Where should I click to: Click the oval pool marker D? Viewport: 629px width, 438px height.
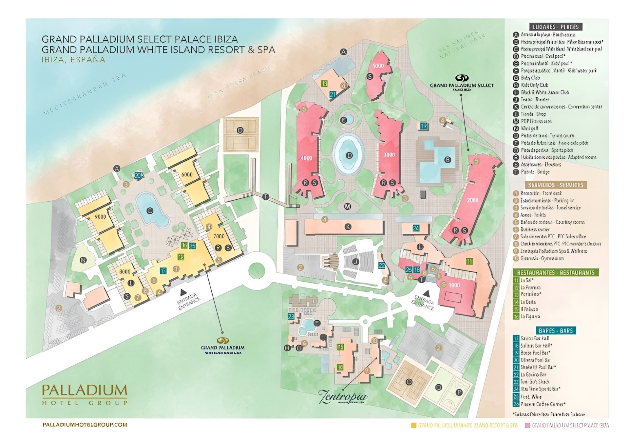click(349, 155)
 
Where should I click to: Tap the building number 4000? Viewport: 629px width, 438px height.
click(306, 158)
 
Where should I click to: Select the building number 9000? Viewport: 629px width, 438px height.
click(100, 217)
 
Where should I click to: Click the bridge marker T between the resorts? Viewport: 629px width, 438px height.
click(266, 197)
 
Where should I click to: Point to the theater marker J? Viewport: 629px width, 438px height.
click(355, 262)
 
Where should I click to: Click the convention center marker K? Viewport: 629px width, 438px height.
click(348, 227)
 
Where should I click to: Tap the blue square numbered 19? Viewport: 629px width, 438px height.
click(424, 126)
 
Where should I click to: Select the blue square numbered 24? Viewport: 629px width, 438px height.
click(416, 228)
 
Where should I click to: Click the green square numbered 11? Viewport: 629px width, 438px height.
click(469, 261)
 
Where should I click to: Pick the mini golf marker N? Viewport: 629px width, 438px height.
click(83, 260)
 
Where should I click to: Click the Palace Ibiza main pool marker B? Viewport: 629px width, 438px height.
click(447, 160)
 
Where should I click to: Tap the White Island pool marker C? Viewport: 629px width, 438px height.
click(150, 211)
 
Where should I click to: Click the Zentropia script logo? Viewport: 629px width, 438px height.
click(343, 396)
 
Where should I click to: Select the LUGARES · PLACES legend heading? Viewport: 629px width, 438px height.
click(556, 27)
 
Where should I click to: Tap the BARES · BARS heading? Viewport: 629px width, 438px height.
click(556, 330)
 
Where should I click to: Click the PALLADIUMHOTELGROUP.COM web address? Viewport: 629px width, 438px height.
click(85, 425)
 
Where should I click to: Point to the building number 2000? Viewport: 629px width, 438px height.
click(472, 200)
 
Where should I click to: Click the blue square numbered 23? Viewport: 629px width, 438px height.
click(291, 316)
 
